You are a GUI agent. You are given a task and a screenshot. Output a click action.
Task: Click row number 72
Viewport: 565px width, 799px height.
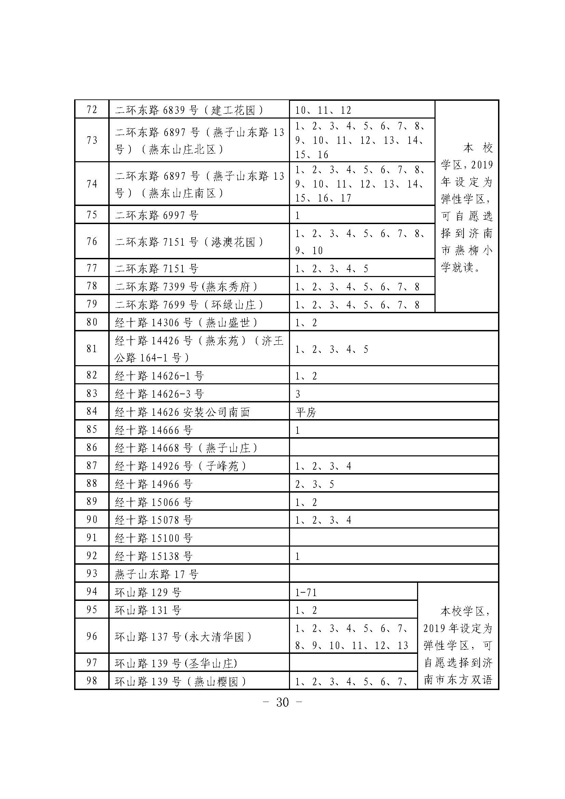coord(92,110)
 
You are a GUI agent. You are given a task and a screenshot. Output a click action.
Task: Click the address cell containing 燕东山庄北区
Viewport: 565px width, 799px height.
coord(199,141)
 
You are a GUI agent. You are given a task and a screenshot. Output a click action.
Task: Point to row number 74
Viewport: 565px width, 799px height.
coord(92,184)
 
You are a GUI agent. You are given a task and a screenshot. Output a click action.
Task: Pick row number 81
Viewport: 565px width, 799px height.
coord(92,349)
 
